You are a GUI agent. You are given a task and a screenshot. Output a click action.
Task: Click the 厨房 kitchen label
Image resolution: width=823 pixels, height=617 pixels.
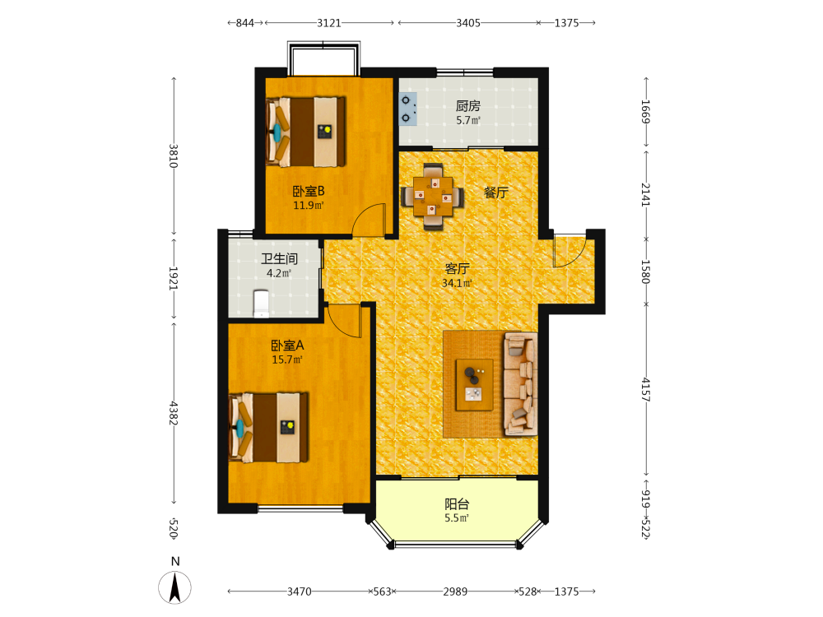point(467,106)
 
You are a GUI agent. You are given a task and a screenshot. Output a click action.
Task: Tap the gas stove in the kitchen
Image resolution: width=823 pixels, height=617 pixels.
point(408,109)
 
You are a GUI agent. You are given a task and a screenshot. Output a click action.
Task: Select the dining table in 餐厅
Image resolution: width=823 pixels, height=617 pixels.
point(433,197)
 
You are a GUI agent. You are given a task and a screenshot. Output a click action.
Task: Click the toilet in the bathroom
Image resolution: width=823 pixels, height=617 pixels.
point(262,304)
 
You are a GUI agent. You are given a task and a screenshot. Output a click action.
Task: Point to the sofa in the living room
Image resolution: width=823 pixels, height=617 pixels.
point(521,384)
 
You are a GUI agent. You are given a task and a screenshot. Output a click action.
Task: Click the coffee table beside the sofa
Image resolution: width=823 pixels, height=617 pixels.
point(475,384)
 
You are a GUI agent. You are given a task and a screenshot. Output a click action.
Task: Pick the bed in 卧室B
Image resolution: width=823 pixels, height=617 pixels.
point(305,132)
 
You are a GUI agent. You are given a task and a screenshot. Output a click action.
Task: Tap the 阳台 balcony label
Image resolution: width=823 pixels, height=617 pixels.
point(457,504)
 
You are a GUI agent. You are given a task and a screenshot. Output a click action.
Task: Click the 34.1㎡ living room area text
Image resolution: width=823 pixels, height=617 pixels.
point(457,283)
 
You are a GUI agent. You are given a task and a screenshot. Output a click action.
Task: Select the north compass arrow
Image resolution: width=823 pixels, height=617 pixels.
point(174,587)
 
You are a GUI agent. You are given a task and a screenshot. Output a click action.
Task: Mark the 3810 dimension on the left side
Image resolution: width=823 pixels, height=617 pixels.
point(174,155)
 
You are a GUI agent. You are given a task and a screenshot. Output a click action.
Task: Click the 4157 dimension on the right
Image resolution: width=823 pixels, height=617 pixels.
point(646,390)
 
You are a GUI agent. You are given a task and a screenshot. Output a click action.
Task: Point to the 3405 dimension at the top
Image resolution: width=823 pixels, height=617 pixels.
point(467,22)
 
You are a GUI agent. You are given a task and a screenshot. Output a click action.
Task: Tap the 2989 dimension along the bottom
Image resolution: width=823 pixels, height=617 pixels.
point(455,591)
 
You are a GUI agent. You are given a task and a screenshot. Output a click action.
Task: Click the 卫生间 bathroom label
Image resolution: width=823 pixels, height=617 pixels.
point(279,258)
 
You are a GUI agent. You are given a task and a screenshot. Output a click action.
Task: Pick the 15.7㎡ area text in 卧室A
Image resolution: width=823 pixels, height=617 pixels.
point(287,360)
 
